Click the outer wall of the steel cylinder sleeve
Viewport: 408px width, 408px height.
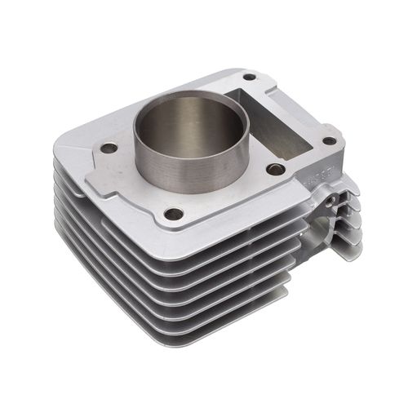[163, 167]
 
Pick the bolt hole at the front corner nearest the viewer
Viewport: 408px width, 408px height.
[173, 214]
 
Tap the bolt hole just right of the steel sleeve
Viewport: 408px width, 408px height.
[275, 169]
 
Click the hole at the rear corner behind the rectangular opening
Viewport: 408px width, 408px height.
[249, 78]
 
